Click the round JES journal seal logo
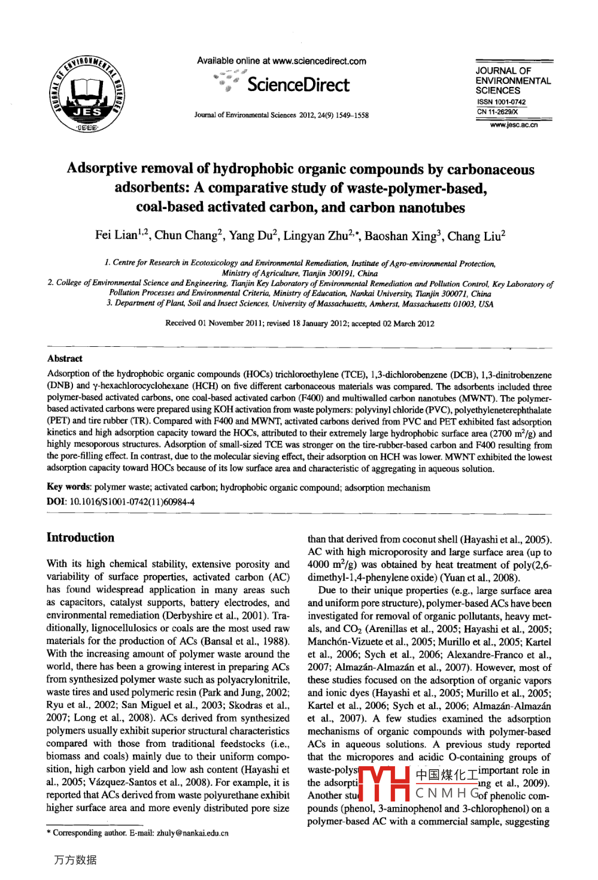tap(87, 93)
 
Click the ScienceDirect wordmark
tap(298, 85)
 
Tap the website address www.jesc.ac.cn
tap(514, 125)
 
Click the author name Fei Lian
tap(116, 235)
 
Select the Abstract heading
tap(65, 359)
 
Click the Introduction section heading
tap(80, 538)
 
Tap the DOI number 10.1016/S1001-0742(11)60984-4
tap(132, 502)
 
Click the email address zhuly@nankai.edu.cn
tap(192, 833)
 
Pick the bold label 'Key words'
tap(69, 488)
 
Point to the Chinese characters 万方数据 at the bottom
tap(75, 860)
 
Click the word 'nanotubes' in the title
tap(432, 208)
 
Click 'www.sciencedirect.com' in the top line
tap(319, 61)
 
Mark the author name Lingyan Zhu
tap(315, 236)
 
